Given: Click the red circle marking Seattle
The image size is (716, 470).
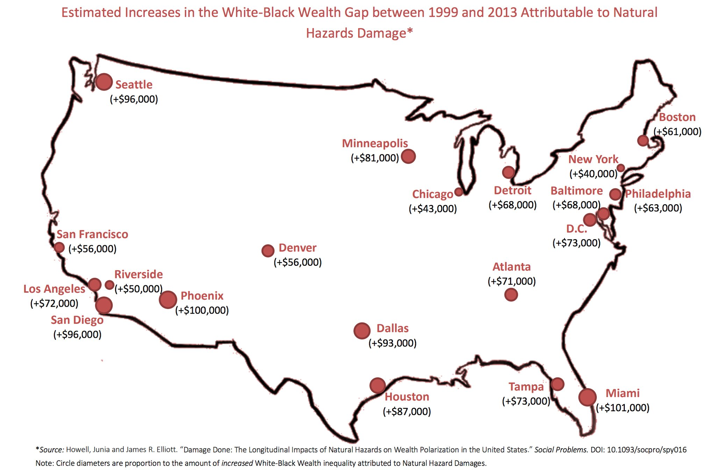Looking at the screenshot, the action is pos(104,82).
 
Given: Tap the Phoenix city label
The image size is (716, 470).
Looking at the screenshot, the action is pos(202,296).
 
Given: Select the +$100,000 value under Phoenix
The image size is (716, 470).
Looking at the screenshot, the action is pos(202,310).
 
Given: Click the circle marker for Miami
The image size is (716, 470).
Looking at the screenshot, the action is pos(587,397).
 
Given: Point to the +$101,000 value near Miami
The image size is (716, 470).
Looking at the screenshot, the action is pos(622,408).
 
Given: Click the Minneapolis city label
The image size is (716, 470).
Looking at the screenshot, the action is pos(375,143).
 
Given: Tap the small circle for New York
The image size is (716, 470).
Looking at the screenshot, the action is pos(621,168).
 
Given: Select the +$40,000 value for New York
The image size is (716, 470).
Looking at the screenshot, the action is pos(593,173).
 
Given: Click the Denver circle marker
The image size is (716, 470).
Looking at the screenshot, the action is pos(268,250).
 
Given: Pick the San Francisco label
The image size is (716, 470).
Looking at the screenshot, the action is pos(92,234).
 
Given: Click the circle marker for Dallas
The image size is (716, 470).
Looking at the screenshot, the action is pos(362,330).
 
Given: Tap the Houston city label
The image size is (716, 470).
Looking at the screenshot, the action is pos(407,397).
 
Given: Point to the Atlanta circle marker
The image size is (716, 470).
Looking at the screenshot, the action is pos(511,295).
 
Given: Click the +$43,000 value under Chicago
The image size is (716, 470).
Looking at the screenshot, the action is pos(433,208).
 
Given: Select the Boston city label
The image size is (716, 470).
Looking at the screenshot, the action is pos(677,117).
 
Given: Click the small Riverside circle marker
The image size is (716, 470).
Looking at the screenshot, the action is pos(109,285).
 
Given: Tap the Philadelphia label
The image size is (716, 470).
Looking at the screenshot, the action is pos(658,194).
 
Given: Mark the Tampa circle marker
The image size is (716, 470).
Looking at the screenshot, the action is pos(557,384).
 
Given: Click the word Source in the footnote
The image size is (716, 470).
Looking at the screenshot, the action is pos(51,450).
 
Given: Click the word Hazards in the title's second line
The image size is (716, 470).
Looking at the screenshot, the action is pos(330,33).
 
